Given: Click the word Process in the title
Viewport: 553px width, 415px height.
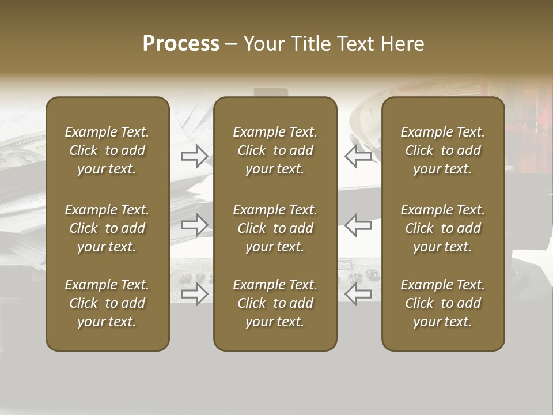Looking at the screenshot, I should [x=181, y=44].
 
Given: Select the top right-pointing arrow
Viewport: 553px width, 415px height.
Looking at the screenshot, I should [x=195, y=156].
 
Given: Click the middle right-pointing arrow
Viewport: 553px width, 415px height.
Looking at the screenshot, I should [x=195, y=225].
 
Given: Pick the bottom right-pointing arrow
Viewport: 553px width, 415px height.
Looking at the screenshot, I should [x=195, y=294].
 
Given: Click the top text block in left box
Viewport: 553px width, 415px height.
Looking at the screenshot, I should [x=107, y=150].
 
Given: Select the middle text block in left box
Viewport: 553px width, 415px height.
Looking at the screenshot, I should [x=107, y=228].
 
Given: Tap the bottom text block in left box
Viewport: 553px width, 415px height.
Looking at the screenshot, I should [x=107, y=303].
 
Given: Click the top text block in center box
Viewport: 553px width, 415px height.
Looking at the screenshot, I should [x=275, y=150].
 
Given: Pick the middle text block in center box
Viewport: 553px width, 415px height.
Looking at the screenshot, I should [x=275, y=228].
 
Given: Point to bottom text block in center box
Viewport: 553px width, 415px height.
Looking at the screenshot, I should [x=275, y=303].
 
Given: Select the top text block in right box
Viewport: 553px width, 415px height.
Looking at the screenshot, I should [x=443, y=150].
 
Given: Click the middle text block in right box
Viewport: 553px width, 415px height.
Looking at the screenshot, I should [x=443, y=228].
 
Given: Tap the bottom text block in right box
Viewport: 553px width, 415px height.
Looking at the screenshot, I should [x=443, y=303].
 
